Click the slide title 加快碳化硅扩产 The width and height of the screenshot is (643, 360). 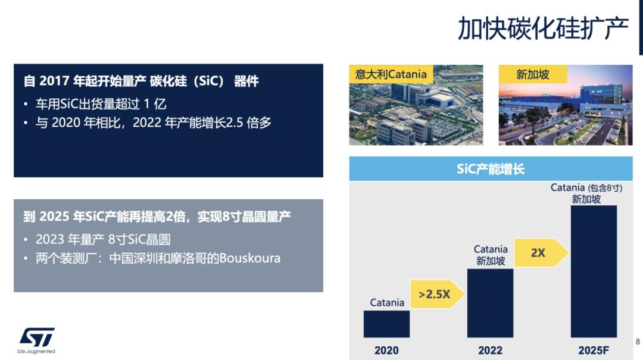(542, 29)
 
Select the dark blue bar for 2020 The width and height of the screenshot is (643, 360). (386, 324)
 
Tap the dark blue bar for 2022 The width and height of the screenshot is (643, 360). (490, 303)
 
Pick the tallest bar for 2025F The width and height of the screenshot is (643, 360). (594, 271)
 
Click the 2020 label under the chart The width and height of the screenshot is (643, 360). (386, 350)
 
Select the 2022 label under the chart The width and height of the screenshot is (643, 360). (490, 350)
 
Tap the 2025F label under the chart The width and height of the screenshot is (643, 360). (594, 350)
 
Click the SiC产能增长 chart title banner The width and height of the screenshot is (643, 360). (491, 169)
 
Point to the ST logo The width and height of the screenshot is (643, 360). (37, 337)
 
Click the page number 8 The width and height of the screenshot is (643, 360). (638, 342)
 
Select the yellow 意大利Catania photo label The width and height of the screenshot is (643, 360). (391, 74)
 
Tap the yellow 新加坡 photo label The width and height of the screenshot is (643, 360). (532, 74)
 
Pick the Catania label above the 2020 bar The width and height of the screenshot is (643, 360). (387, 302)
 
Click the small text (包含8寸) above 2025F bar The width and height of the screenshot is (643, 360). (605, 187)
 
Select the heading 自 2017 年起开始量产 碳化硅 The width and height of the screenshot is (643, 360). (141, 81)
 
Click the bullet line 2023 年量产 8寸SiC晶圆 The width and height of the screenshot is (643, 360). (103, 239)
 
